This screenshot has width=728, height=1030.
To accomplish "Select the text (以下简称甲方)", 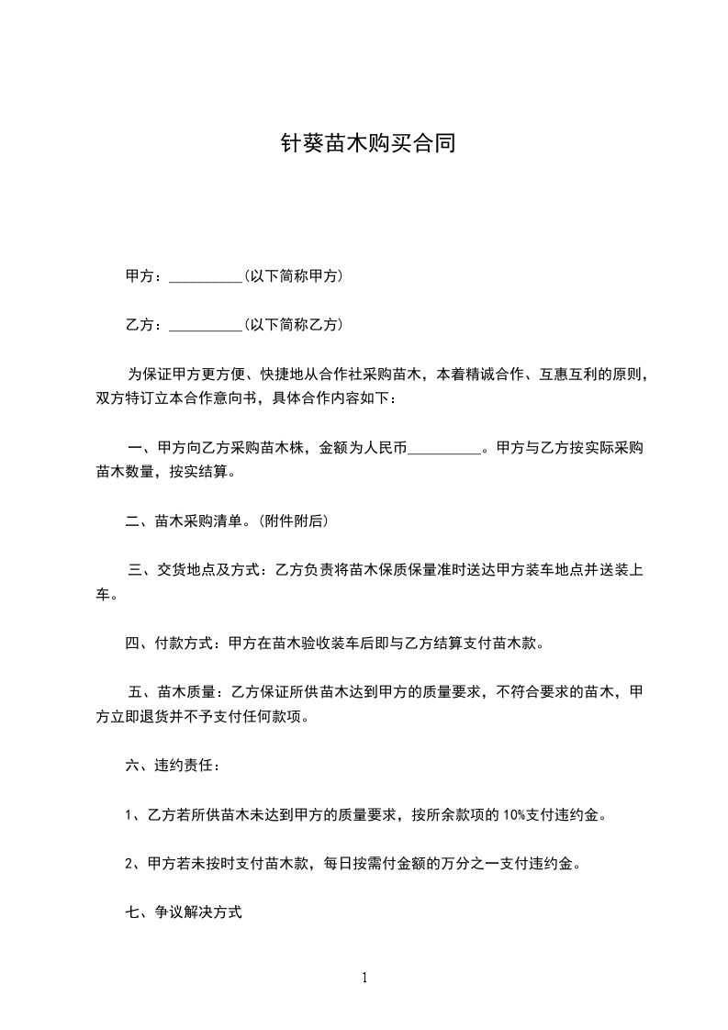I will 293,275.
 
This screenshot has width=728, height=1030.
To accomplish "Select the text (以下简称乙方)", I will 293,324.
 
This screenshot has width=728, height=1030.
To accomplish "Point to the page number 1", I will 364,978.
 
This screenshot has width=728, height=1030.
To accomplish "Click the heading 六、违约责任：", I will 172,765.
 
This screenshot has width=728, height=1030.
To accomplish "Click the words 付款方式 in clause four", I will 187,643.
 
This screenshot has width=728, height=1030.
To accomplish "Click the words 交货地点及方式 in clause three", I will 211,571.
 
